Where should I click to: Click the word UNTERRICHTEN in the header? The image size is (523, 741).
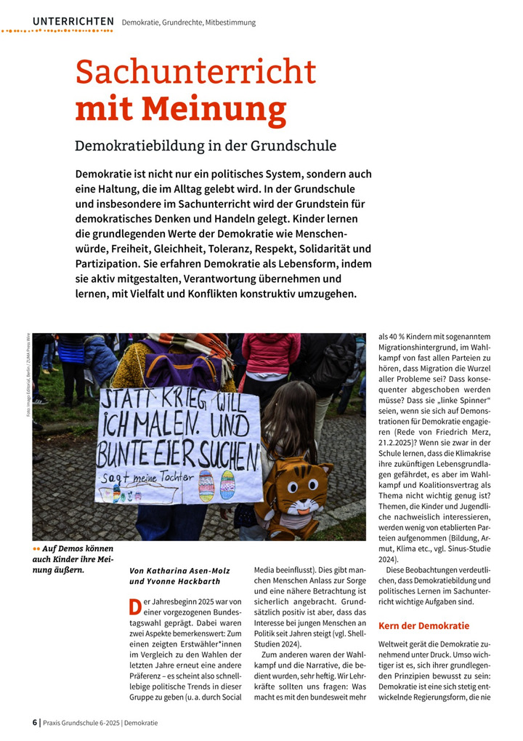(73, 22)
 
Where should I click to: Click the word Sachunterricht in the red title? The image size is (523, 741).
(196, 73)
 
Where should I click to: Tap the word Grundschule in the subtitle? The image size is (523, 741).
(293, 145)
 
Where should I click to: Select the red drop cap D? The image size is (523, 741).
(134, 606)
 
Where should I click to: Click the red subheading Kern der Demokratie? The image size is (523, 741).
(424, 625)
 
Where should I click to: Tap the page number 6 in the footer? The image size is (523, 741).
(35, 723)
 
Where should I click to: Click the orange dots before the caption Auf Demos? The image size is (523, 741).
(36, 548)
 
